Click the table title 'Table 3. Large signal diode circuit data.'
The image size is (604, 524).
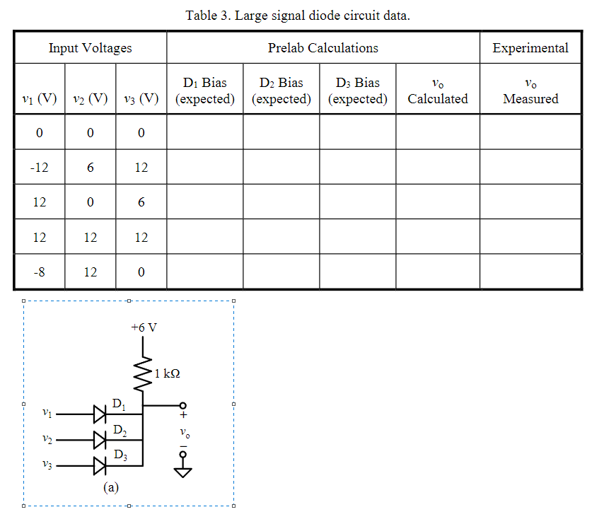coord(298,15)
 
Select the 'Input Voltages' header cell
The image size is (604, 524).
coord(90,48)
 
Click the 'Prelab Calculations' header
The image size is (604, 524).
coord(323,48)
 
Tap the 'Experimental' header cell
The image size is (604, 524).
coord(530,48)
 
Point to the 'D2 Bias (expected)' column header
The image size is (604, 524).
coord(281,91)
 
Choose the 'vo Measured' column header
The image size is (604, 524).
coord(530,91)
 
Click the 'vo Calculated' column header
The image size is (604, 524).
coord(437,91)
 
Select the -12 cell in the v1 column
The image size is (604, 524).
coord(40,168)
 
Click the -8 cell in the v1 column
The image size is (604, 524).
coord(40,272)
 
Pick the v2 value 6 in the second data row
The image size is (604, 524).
coord(91,168)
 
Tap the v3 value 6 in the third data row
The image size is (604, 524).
coord(141,202)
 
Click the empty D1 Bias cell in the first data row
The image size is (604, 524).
coord(204,132)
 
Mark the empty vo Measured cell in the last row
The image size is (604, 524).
coord(530,272)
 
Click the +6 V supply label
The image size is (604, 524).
coord(144,328)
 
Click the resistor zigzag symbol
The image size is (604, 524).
coord(144,372)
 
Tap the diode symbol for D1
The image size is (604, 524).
coord(100,413)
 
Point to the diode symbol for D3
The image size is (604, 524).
coord(100,466)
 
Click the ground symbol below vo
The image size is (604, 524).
coord(183,471)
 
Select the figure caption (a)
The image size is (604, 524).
coord(110,487)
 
